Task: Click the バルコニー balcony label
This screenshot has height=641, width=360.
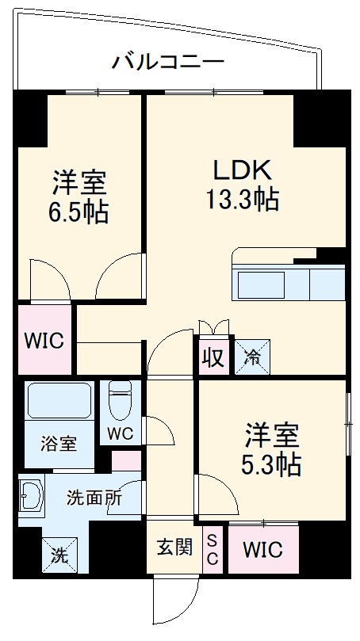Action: [167, 60]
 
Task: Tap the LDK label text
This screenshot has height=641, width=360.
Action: [242, 170]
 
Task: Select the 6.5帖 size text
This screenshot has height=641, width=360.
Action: [79, 212]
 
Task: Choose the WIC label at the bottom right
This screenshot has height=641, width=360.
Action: [262, 549]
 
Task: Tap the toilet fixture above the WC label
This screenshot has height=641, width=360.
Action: [121, 400]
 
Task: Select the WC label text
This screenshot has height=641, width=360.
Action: [121, 433]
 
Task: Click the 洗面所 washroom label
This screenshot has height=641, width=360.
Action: [94, 498]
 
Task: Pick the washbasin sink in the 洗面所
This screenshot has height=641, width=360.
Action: [31, 498]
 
